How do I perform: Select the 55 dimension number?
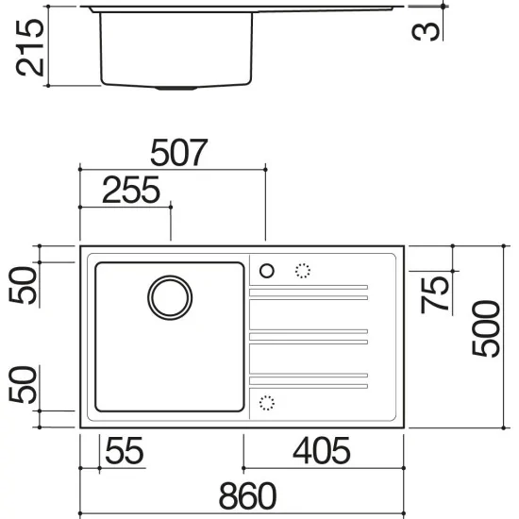[x=124, y=451]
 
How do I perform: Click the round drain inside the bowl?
[x=170, y=296]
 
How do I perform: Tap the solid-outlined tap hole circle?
[x=266, y=272]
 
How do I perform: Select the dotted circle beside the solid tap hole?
[x=303, y=272]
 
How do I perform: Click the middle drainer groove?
[x=308, y=335]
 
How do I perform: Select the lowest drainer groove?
[x=308, y=379]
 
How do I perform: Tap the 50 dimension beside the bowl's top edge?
[x=28, y=285]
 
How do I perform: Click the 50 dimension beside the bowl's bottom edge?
[x=28, y=385]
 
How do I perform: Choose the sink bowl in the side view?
[x=176, y=47]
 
